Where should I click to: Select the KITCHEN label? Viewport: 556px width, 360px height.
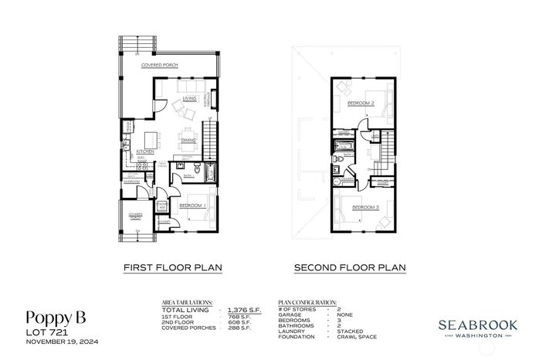click(x=146, y=152)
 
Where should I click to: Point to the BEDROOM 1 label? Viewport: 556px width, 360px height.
click(x=192, y=206)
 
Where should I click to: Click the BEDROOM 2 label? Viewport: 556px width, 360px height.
click(x=360, y=103)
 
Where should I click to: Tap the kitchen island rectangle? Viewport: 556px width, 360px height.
click(x=151, y=138)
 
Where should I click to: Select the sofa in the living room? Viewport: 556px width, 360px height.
click(x=180, y=107)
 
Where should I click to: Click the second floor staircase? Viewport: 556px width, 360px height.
click(x=388, y=146)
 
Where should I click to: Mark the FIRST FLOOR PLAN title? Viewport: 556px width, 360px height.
click(x=173, y=268)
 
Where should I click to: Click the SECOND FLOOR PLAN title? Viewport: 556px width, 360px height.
click(x=350, y=268)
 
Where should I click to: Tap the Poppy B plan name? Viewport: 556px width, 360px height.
click(x=56, y=317)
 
